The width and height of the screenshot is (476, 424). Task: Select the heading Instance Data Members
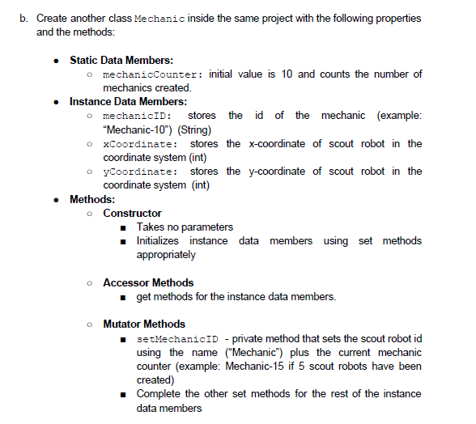click(128, 101)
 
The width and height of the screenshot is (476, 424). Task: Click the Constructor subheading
click(132, 213)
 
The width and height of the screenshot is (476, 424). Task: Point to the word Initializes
click(159, 240)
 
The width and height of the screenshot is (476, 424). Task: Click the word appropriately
click(166, 254)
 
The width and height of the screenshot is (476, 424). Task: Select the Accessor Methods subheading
click(148, 282)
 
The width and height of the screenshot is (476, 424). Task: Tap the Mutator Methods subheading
click(144, 324)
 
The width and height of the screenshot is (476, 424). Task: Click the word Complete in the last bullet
click(159, 393)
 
